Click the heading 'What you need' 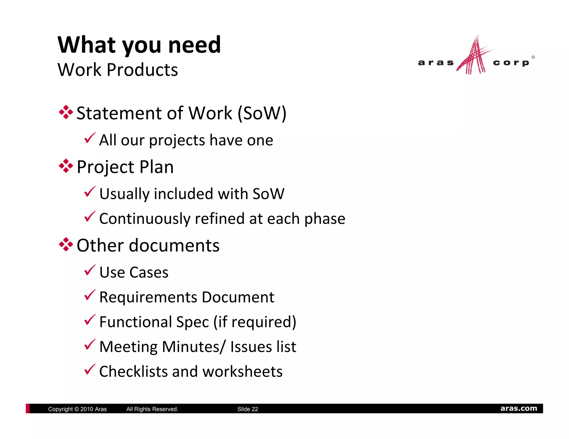[x=139, y=45]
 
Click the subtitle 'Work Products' [x=118, y=70]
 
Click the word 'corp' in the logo [x=511, y=63]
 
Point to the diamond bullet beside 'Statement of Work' [x=66, y=112]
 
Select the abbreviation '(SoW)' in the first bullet [x=262, y=113]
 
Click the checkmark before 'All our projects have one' [x=90, y=138]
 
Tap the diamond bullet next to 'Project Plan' [x=66, y=166]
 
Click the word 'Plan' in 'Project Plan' [x=156, y=167]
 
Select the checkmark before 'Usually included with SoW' [x=90, y=192]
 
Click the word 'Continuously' [x=145, y=219]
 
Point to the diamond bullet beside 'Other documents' [x=66, y=244]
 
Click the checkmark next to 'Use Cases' [x=90, y=270]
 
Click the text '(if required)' [x=255, y=322]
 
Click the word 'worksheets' [x=243, y=372]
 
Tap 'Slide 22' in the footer [x=248, y=409]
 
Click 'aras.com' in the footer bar [x=518, y=408]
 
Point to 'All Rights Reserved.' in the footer [x=152, y=409]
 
